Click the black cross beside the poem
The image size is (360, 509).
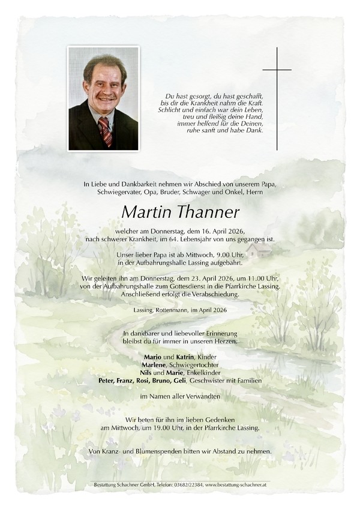tap(277, 98)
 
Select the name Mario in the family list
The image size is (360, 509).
tap(146, 358)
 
